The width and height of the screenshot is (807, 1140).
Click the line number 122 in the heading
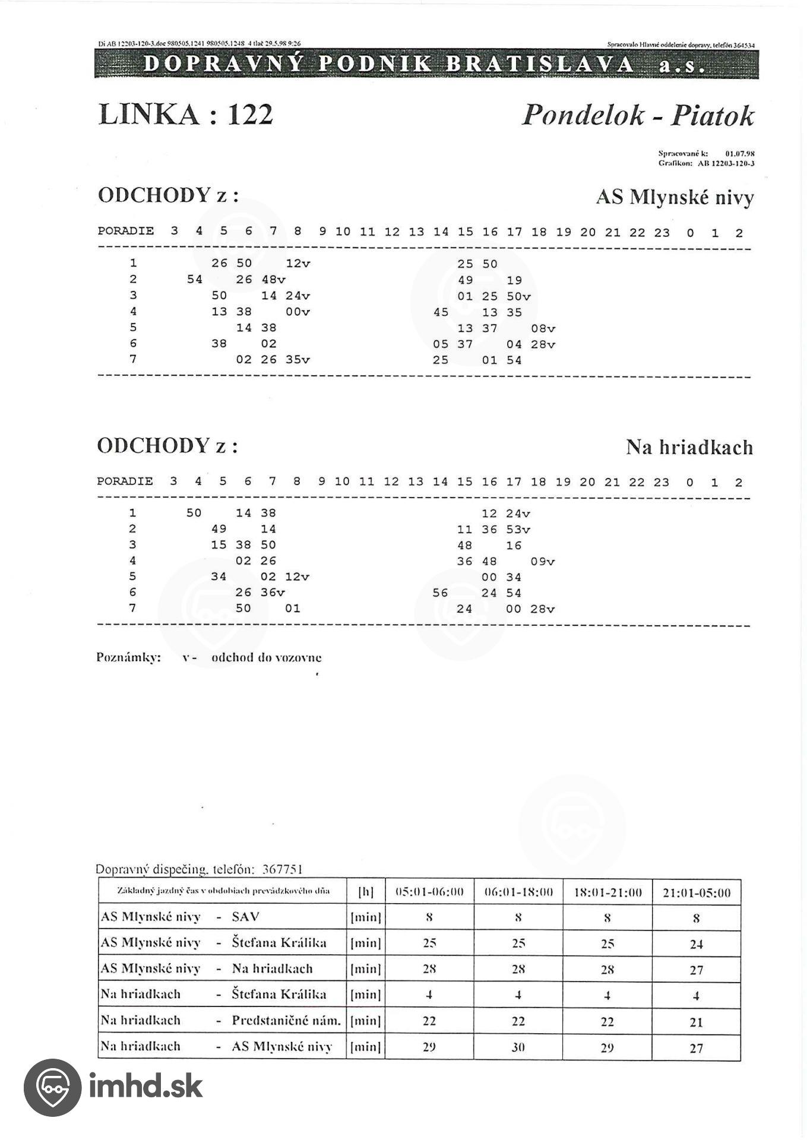pyautogui.click(x=250, y=114)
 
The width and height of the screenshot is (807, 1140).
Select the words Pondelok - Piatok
pyautogui.click(x=637, y=115)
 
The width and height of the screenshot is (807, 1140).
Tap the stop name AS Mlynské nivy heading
pyautogui.click(x=675, y=197)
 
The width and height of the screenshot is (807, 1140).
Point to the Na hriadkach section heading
pyautogui.click(x=689, y=447)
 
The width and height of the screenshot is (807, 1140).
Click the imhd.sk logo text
pyautogui.click(x=145, y=1086)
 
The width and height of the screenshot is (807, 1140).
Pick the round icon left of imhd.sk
pyautogui.click(x=52, y=1087)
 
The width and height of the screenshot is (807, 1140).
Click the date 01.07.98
pyautogui.click(x=739, y=153)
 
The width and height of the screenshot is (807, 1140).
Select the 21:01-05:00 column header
pyautogui.click(x=696, y=892)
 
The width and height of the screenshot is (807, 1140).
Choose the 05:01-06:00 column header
pyautogui.click(x=429, y=892)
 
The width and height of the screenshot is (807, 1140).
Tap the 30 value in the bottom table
pyautogui.click(x=518, y=1048)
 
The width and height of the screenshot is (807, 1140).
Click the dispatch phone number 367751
pyautogui.click(x=282, y=869)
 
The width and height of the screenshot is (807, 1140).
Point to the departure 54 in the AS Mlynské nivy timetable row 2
pyautogui.click(x=195, y=280)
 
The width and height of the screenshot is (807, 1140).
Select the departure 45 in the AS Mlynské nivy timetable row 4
pyautogui.click(x=441, y=312)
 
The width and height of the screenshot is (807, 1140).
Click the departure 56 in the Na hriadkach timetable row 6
pyautogui.click(x=440, y=593)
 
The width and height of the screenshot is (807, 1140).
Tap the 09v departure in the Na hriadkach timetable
pyautogui.click(x=542, y=561)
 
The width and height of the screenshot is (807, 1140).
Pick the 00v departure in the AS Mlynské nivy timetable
pyautogui.click(x=298, y=312)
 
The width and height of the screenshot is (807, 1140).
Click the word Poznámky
pyautogui.click(x=128, y=657)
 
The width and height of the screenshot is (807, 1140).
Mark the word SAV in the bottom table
pyautogui.click(x=245, y=917)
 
